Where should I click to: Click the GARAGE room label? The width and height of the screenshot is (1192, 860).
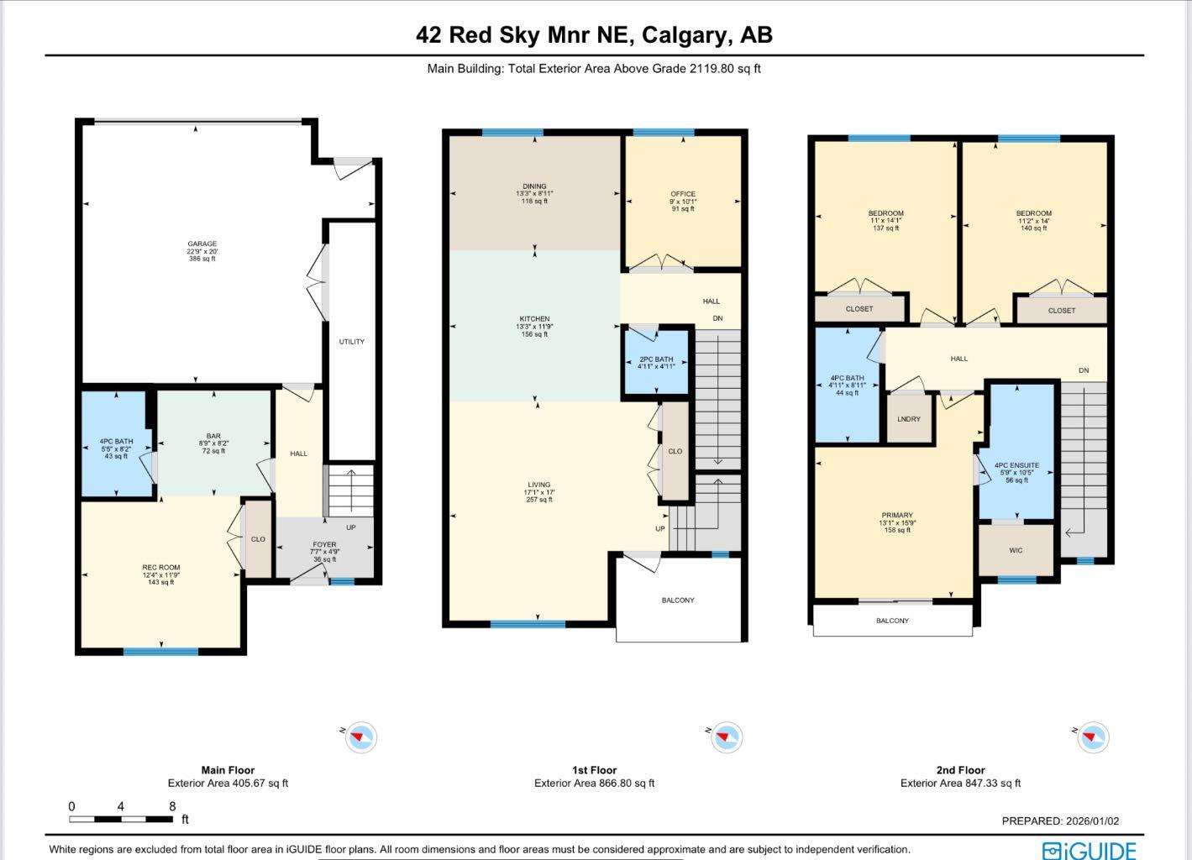click(202, 244)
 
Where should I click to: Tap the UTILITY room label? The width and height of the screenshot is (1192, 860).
click(351, 342)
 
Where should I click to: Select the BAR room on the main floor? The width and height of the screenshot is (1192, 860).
click(213, 437)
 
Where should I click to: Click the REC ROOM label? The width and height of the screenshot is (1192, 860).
click(160, 568)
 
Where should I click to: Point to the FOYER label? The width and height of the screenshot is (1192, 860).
click(324, 545)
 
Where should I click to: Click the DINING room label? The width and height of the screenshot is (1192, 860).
click(534, 186)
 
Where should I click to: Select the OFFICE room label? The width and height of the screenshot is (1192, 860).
click(683, 194)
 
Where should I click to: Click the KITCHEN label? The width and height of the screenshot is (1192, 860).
click(534, 319)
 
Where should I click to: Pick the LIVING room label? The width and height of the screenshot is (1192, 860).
click(539, 485)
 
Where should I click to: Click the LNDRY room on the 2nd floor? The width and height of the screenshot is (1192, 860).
click(909, 419)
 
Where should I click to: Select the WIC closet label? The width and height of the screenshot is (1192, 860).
click(1016, 551)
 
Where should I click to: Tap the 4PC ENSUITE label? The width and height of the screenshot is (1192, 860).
click(1016, 465)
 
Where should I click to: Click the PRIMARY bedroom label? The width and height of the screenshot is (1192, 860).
click(897, 516)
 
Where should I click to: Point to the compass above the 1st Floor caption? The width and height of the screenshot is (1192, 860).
click(726, 737)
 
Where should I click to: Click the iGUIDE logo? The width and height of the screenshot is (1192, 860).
click(1090, 850)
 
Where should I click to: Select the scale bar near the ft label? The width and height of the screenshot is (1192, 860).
click(121, 819)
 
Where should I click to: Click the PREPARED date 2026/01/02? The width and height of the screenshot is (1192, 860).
click(1091, 821)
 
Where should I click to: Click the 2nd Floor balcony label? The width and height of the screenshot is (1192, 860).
click(892, 621)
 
